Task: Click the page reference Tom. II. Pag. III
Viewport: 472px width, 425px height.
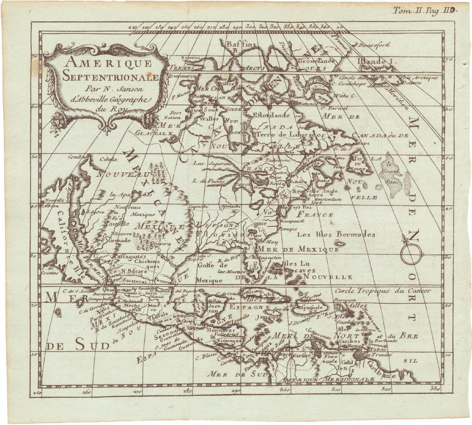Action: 423,11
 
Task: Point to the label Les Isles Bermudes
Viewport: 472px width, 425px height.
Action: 336,235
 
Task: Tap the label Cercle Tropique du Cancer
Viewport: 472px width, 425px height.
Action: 383,290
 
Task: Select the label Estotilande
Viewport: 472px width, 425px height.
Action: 272,115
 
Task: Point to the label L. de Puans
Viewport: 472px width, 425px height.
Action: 204,181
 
